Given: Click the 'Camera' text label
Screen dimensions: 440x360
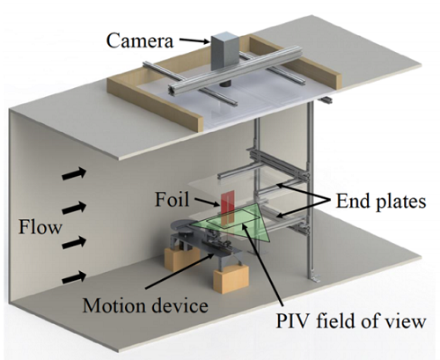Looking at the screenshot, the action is [140, 40].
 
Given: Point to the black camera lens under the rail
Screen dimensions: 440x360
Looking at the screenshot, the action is [225, 84].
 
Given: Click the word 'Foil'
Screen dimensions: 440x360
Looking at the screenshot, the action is [172, 200].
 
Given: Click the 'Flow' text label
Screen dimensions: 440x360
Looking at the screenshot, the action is [40, 227].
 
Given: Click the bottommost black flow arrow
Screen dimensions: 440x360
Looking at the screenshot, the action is [74, 277].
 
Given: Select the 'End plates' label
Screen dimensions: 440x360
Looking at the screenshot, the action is [381, 202].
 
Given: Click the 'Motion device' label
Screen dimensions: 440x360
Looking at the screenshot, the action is [145, 305].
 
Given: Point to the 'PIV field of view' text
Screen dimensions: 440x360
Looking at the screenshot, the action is [350, 321].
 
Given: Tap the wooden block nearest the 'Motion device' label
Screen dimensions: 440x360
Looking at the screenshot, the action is [231, 278].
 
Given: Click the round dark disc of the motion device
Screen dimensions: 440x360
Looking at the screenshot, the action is [187, 226].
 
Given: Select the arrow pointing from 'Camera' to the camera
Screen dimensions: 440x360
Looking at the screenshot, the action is [194, 41].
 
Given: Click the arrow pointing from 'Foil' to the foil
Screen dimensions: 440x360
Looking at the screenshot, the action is [206, 202].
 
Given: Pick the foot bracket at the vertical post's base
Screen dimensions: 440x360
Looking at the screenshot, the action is [314, 277].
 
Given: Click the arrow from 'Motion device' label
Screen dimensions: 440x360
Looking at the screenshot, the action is [180, 270].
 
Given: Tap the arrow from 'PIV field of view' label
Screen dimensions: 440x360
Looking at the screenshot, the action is [262, 264].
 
